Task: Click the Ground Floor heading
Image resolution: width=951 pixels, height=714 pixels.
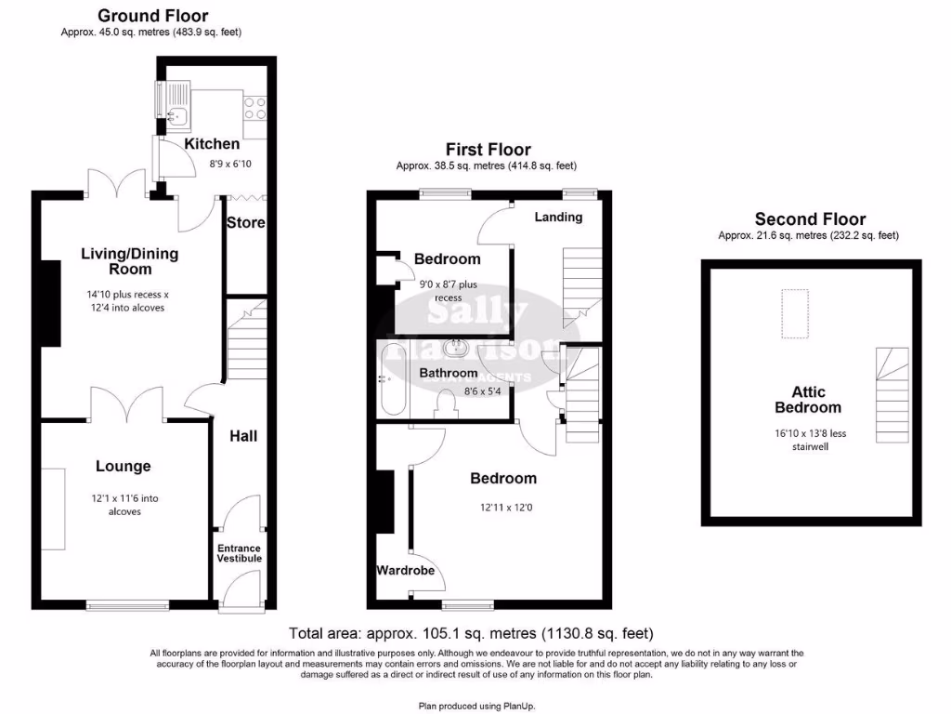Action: [152, 16]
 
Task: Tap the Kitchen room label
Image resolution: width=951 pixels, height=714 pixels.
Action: [212, 144]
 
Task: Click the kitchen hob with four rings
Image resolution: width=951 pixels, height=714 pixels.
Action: [254, 109]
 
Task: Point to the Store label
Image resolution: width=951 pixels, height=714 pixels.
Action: [246, 223]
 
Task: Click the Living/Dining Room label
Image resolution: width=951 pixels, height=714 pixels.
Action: [130, 261]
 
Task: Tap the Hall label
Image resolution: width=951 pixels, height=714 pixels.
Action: [243, 435]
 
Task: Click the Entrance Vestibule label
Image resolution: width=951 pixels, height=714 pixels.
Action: [240, 553]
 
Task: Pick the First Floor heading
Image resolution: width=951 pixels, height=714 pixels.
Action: [488, 150]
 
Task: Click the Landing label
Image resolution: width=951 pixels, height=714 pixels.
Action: [559, 217]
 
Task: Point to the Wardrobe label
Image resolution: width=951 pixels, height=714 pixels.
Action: [406, 571]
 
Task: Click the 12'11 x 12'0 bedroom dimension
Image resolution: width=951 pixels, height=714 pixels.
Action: [502, 509]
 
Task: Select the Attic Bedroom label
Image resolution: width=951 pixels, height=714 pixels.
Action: [808, 400]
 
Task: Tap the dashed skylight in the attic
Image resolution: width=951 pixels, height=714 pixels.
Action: [794, 313]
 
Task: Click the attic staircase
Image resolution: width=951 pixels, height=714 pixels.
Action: [892, 394]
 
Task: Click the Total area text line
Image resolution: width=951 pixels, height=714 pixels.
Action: [476, 634]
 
